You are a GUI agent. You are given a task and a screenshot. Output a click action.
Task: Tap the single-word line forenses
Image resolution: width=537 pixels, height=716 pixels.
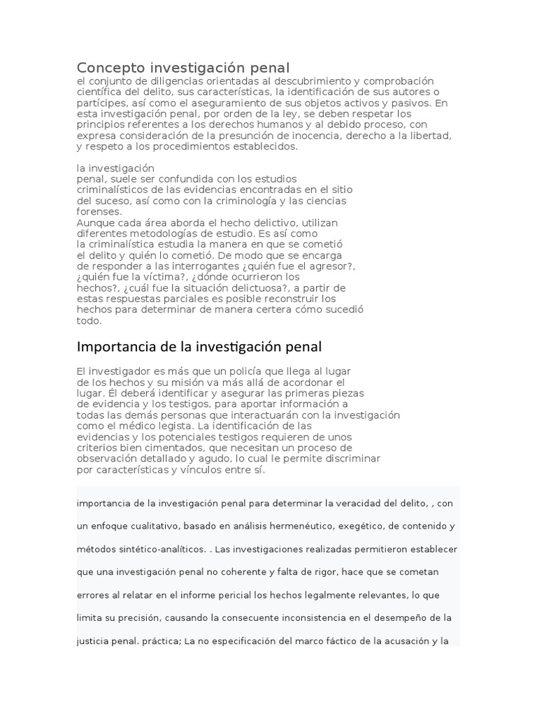99,212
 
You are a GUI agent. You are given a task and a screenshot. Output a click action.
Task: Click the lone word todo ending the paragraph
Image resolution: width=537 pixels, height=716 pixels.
89,321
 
